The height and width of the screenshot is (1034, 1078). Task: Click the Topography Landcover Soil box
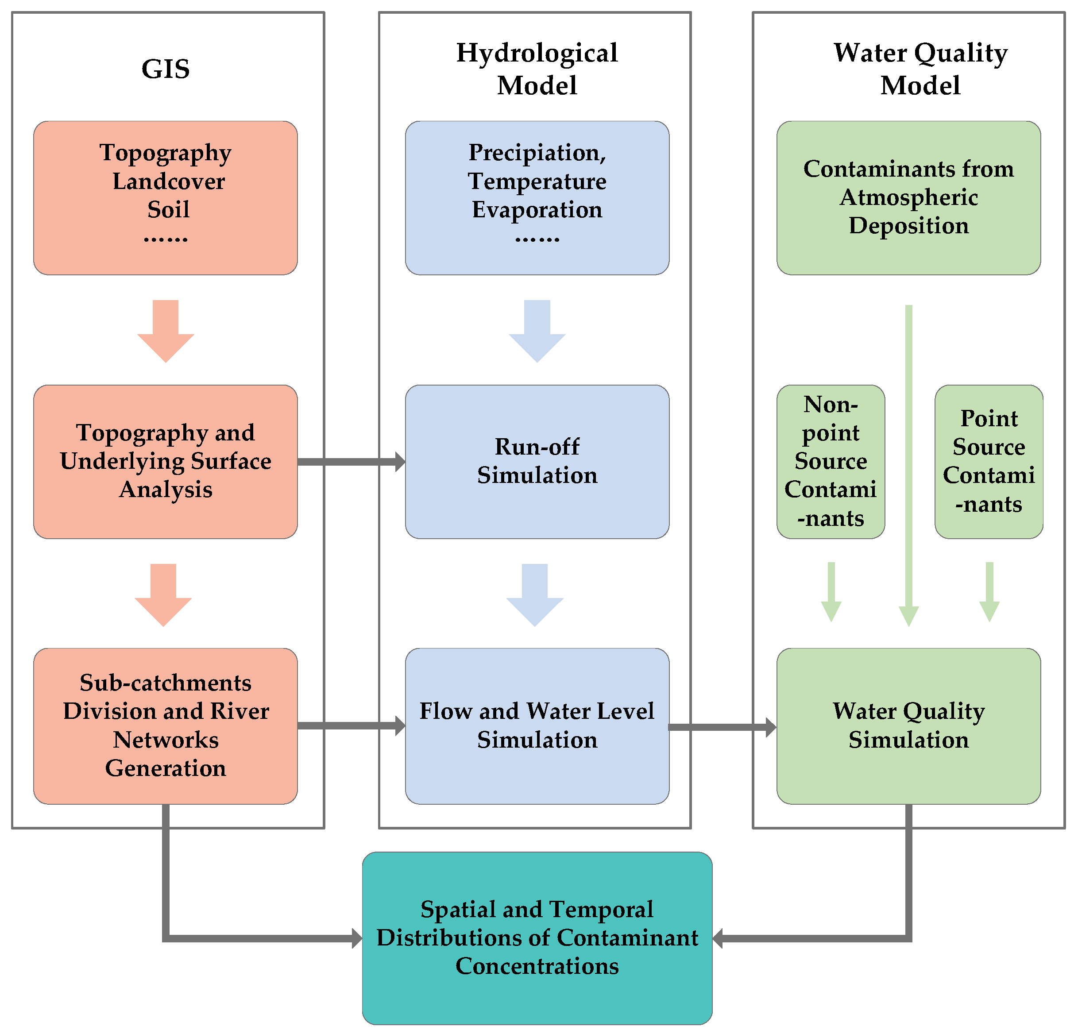[x=166, y=198]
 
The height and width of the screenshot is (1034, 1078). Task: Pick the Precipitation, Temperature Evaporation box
[x=537, y=198]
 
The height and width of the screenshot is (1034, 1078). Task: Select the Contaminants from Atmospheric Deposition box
[x=908, y=198]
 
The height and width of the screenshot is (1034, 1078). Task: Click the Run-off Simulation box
[x=537, y=462]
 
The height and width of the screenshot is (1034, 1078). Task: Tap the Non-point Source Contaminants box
[x=831, y=462]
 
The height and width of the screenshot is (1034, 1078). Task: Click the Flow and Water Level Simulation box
[x=537, y=725]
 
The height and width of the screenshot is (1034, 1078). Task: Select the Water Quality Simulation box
[x=908, y=725]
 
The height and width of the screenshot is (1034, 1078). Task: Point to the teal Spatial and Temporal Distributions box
[x=537, y=938]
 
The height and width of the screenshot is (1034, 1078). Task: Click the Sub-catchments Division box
[x=166, y=725]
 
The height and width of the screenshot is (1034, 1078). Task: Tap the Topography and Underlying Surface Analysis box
[x=166, y=462]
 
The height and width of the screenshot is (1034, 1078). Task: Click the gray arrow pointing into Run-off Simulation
[x=352, y=462]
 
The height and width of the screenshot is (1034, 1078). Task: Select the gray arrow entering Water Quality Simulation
[x=722, y=727]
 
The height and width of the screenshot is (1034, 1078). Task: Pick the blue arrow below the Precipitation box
[x=537, y=330]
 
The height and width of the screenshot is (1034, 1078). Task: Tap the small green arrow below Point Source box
[x=989, y=592]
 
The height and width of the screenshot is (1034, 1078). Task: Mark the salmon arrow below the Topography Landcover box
[x=166, y=330]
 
